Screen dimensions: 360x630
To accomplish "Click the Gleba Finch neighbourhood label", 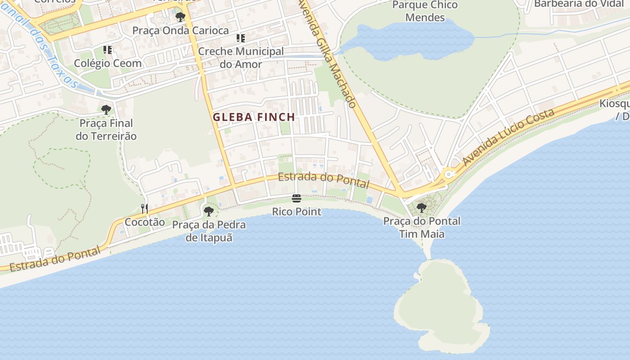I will pyautogui.click(x=254, y=117).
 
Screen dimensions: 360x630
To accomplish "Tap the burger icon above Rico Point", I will pyautogui.click(x=296, y=198).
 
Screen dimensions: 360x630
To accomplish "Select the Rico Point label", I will pyautogui.click(x=297, y=211).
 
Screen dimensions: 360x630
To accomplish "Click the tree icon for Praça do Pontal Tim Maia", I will pyautogui.click(x=422, y=208).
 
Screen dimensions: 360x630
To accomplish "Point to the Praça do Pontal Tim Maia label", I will pyautogui.click(x=422, y=227).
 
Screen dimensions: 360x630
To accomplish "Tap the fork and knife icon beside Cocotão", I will pyautogui.click(x=144, y=208).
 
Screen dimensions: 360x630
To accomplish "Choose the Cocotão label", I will pyautogui.click(x=145, y=222).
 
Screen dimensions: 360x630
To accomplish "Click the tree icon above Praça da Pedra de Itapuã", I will pyautogui.click(x=208, y=211).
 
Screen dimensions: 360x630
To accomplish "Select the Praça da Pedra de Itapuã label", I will pyautogui.click(x=209, y=231).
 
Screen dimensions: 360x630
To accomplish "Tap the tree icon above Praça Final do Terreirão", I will pyautogui.click(x=106, y=109).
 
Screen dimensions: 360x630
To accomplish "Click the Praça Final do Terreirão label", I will pyautogui.click(x=106, y=130).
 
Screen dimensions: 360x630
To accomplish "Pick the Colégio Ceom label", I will pyautogui.click(x=108, y=63).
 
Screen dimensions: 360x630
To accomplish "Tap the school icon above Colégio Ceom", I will pyautogui.click(x=108, y=49).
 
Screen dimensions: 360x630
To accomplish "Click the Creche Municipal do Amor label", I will pyautogui.click(x=241, y=58).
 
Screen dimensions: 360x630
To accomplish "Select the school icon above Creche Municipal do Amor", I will pyautogui.click(x=241, y=38).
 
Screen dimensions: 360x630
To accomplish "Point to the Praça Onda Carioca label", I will pyautogui.click(x=180, y=31).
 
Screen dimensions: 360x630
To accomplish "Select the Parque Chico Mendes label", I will pyautogui.click(x=425, y=11).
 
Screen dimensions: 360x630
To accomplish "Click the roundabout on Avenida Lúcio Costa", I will pyautogui.click(x=448, y=174).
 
